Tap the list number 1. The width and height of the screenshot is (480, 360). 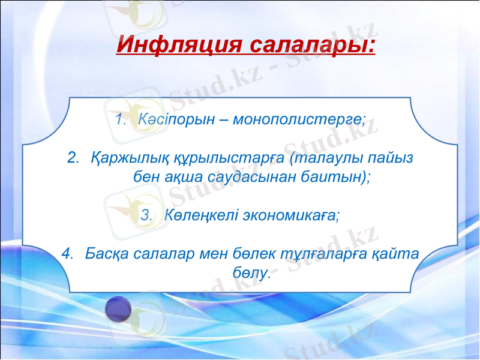click(119, 118)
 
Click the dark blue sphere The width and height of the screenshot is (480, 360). click(118, 309)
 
